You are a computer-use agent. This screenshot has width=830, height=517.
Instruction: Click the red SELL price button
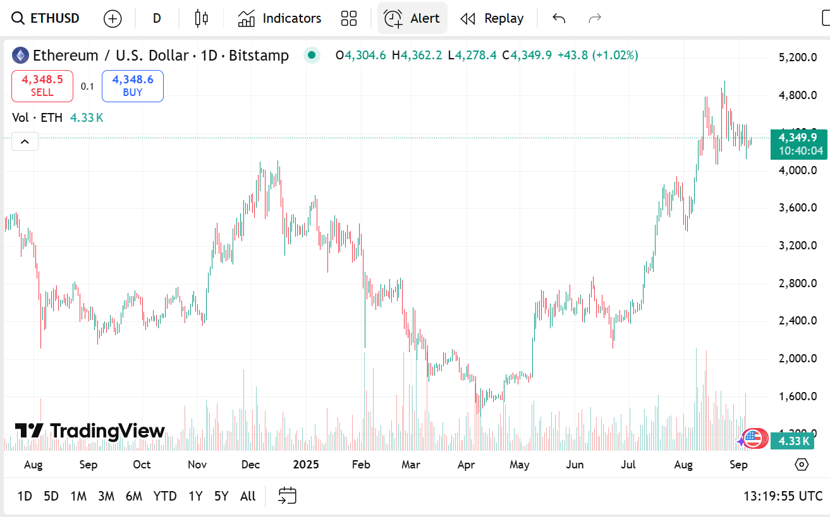click(42, 86)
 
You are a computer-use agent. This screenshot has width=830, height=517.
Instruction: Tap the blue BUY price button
click(133, 86)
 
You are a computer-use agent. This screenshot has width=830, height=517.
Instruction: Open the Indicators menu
click(279, 18)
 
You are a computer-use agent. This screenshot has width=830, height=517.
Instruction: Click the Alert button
click(412, 18)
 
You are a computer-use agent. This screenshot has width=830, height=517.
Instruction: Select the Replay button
click(492, 18)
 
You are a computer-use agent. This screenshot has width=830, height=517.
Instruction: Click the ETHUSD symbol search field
click(46, 18)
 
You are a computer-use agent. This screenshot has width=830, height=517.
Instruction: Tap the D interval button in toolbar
click(157, 18)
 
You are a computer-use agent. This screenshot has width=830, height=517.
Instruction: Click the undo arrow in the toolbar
click(558, 18)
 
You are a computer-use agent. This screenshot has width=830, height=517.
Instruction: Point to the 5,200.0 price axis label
click(798, 57)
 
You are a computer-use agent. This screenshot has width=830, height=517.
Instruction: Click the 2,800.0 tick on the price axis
click(798, 283)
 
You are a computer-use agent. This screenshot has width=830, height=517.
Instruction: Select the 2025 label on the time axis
click(306, 465)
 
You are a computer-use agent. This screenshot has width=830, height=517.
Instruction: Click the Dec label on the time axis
click(251, 465)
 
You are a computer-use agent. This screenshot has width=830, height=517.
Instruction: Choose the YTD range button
click(165, 496)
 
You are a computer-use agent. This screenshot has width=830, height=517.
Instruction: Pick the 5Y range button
click(221, 496)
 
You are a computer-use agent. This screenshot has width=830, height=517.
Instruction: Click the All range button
click(248, 496)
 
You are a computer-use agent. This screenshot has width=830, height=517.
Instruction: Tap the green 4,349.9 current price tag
click(799, 144)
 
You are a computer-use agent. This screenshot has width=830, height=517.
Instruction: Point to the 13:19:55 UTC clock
click(783, 496)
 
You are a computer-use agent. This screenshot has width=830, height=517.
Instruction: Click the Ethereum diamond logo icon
click(21, 56)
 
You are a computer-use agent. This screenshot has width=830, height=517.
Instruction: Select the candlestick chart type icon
click(201, 18)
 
